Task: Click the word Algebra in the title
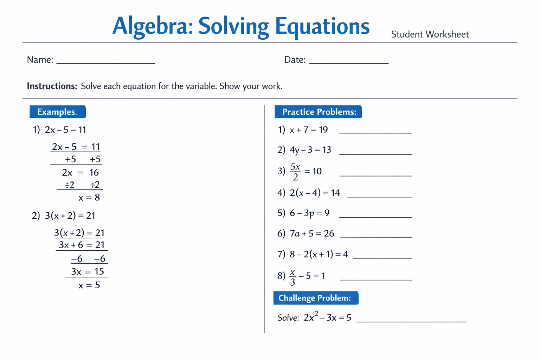152,26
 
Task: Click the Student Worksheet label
430,34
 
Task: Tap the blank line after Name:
105,63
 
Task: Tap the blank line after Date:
348,63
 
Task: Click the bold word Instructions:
52,86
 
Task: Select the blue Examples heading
57,112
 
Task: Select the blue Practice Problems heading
318,112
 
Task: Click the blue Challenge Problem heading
315,298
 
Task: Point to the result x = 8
89,198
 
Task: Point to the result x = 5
89,285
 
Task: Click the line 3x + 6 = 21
81,245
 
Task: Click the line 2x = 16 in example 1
81,173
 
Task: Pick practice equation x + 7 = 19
308,130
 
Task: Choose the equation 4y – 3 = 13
310,150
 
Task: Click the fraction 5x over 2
295,171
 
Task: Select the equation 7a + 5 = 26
312,233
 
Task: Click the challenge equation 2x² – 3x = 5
327,317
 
